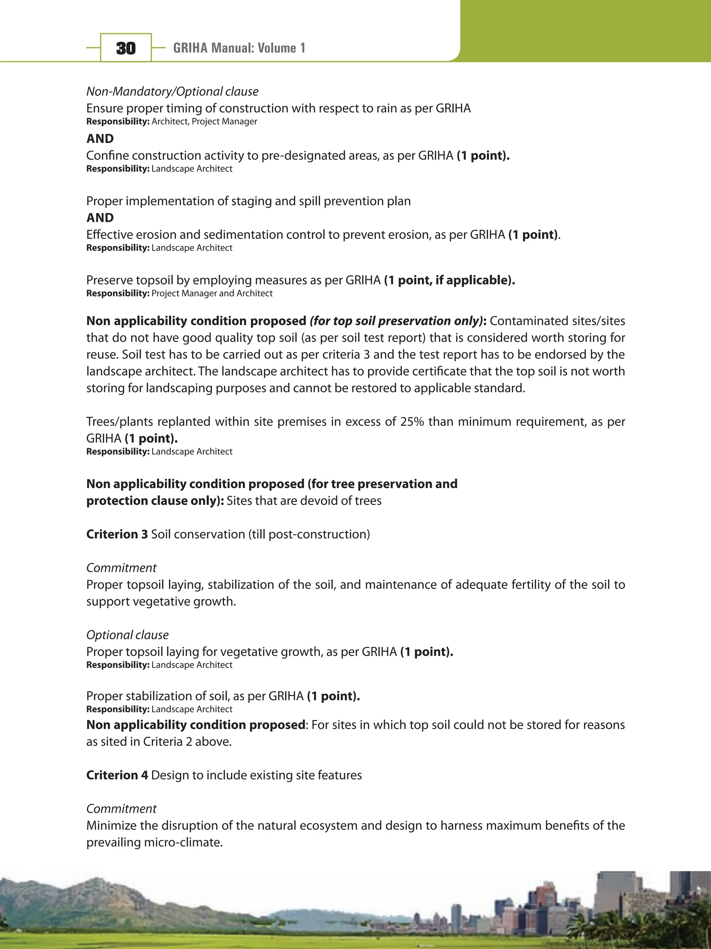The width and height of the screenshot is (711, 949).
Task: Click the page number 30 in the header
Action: pos(126,48)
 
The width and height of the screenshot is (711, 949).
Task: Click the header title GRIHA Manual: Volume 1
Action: pos(239,48)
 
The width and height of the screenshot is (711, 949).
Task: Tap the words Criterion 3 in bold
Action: pos(117,534)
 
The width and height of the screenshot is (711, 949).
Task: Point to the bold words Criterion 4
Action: pos(117,775)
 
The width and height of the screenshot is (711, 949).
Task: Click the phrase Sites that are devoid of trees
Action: pos(304,501)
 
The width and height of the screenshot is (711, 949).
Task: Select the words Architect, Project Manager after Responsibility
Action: pos(204,122)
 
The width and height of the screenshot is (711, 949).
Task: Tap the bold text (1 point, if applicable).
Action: pos(450,280)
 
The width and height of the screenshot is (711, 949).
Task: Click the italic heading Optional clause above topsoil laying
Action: pos(127,635)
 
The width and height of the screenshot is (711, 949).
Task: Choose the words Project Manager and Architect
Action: pos(212,294)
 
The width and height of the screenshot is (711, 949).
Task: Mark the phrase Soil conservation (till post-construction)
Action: pos(260,534)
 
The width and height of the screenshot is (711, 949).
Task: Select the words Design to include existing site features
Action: pos(257,775)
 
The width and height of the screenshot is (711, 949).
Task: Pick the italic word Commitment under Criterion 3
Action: pos(122,568)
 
